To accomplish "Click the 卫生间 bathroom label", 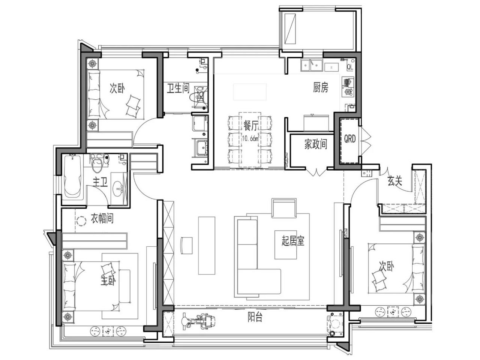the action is pos(178,88).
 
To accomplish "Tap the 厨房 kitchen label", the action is pos(320,88).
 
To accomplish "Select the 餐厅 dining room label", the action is pos(251,126).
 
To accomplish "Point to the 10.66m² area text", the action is pos(250,138).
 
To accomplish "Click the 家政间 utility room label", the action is pos(316,144).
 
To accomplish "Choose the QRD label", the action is pos(349,139).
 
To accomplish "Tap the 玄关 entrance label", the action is pos(395,181).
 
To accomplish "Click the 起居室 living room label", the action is pos(293,241).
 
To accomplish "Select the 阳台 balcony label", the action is pos(255,317).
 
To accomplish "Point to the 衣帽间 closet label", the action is pos(102,218).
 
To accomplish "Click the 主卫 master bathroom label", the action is pos(100,182).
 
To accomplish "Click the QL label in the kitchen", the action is pos(350,67).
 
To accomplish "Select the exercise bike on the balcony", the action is pos(198,321).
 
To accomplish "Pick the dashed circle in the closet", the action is pos(81,221).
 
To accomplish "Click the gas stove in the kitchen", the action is pos(347,87).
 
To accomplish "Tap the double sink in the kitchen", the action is pos(312,65).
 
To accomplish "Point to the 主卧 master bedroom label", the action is pos(108,280).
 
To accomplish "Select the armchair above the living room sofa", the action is pos(284,208).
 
